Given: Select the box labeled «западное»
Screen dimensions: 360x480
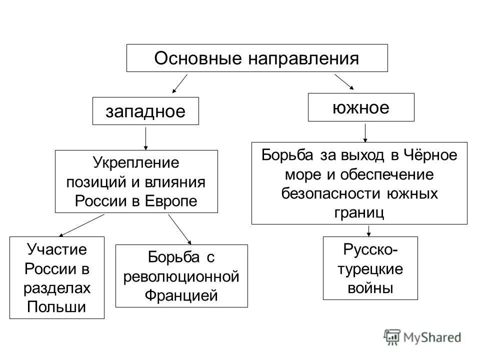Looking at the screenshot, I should point(145,111).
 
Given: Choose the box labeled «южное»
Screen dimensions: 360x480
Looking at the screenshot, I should point(361,107).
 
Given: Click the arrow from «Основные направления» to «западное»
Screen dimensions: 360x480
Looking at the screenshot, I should point(179,83).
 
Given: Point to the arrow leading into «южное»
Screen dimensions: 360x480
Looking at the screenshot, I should point(344,82).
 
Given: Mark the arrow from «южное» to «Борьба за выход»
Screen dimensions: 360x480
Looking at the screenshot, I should point(365,133).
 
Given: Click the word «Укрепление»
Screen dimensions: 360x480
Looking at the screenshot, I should point(136,163).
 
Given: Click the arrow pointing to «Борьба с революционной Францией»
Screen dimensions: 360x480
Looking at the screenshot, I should point(180,230).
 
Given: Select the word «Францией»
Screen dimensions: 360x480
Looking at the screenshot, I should point(181,295).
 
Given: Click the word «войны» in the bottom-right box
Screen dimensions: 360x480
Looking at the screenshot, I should point(370,288).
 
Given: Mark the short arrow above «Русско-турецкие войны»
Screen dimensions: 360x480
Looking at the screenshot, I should point(369,230).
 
